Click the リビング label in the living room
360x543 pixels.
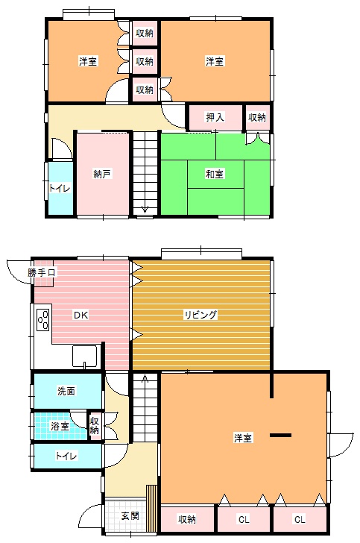pyautogui.click(x=200, y=315)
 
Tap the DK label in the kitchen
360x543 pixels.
pyautogui.click(x=81, y=315)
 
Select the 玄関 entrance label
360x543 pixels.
pyautogui.click(x=130, y=516)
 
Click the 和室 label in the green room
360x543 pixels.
pyautogui.click(x=215, y=174)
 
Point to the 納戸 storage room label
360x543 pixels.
pyautogui.click(x=102, y=174)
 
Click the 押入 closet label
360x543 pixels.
pyautogui.click(x=215, y=117)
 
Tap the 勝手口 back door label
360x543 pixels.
pyautogui.click(x=42, y=272)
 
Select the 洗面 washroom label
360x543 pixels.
pyautogui.click(x=66, y=392)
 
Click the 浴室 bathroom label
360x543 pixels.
pyautogui.click(x=60, y=427)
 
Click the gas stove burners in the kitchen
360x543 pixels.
pyautogui.click(x=43, y=319)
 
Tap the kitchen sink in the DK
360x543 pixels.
pyautogui.click(x=84, y=356)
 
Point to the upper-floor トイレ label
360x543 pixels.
pyautogui.click(x=59, y=189)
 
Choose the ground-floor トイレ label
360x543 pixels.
pyautogui.click(x=66, y=456)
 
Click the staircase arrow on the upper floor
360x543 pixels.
pyautogui.click(x=145, y=210)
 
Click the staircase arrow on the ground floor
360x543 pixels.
pyautogui.click(x=145, y=379)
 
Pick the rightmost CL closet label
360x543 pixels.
pyautogui.click(x=300, y=519)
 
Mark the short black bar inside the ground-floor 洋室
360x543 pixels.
pyautogui.click(x=281, y=435)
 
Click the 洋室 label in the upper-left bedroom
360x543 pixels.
pyautogui.click(x=88, y=62)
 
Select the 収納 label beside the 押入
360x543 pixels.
pyautogui.click(x=257, y=117)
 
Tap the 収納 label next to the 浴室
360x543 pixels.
pyautogui.click(x=95, y=426)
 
